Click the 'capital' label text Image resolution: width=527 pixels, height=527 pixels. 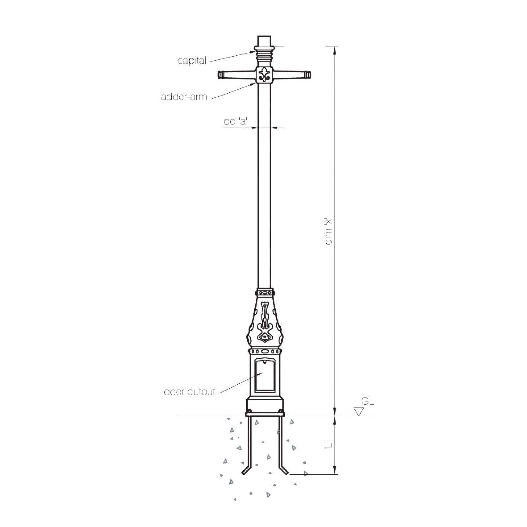[x=191, y=61]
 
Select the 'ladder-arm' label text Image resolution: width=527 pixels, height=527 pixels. [x=183, y=97]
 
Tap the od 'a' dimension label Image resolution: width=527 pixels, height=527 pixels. [x=236, y=121]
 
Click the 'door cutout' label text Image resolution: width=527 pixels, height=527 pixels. [x=189, y=392]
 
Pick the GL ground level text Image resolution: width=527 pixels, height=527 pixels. [x=368, y=401]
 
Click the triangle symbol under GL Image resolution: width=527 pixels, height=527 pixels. [x=358, y=411]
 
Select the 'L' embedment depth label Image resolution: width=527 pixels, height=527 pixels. [x=328, y=445]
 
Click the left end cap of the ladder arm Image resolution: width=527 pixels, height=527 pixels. [x=220, y=75]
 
